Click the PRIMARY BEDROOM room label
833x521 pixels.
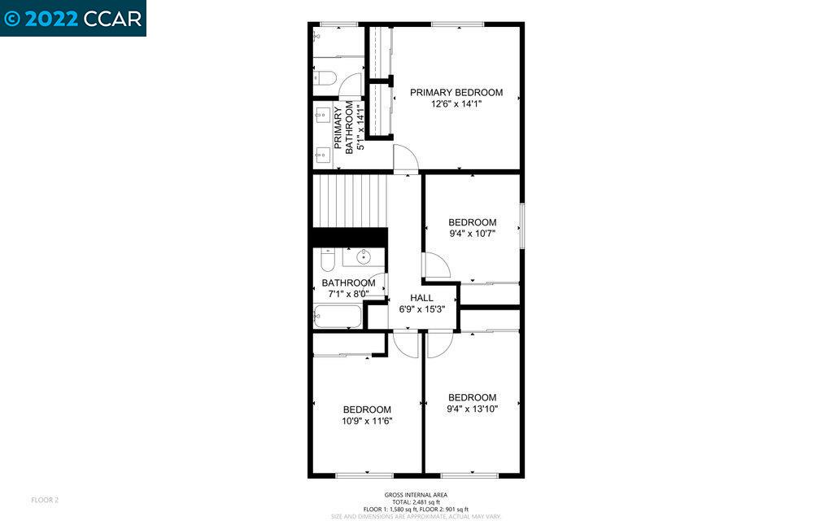[x=456, y=93]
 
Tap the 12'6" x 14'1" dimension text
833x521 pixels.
[x=456, y=104]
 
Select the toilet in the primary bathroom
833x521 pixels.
[x=325, y=79]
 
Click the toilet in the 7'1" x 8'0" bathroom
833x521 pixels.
[x=327, y=260]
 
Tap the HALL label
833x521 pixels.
[x=421, y=298]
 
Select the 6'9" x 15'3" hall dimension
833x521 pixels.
[x=421, y=309]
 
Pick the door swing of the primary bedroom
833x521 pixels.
[x=404, y=158]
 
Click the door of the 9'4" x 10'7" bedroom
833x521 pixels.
[x=434, y=266]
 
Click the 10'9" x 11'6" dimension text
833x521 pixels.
[x=366, y=421]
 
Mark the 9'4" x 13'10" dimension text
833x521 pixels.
[x=472, y=409]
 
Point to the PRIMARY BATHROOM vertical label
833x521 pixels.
[x=342, y=126]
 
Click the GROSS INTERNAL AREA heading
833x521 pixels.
[x=416, y=495]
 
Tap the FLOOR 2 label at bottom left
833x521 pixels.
[x=45, y=499]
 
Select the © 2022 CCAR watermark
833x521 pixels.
[x=73, y=18]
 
